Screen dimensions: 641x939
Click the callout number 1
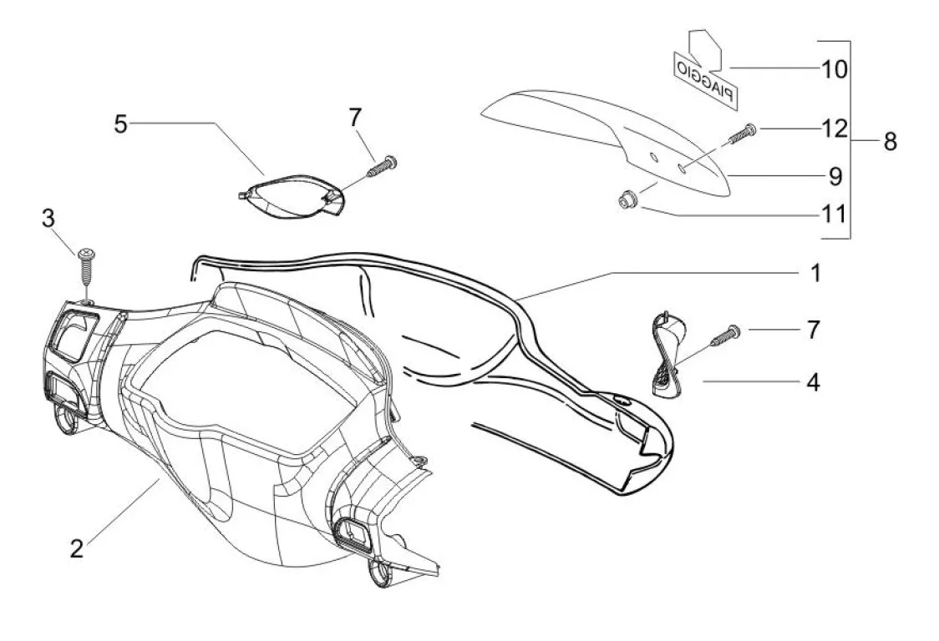815,273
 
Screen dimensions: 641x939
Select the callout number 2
76,548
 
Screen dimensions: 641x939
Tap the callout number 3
48,219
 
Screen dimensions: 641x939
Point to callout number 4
812,383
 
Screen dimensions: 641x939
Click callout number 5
121,125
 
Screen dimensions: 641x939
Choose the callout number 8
890,141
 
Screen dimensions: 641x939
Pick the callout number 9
835,176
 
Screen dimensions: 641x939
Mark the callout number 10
835,68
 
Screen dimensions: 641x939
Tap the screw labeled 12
741,134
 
